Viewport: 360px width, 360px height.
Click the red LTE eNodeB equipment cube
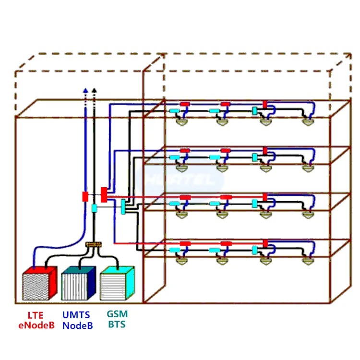[40, 284]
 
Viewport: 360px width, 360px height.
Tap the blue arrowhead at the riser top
[85, 90]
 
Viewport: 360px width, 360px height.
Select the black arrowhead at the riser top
[94, 90]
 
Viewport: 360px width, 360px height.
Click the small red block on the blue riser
[85, 196]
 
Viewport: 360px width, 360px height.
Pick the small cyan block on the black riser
[94, 208]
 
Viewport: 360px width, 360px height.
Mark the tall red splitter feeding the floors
[104, 194]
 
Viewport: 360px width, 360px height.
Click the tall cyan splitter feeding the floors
[123, 207]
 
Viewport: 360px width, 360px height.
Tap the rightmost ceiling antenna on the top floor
[308, 122]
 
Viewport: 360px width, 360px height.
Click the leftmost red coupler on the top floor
[185, 104]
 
